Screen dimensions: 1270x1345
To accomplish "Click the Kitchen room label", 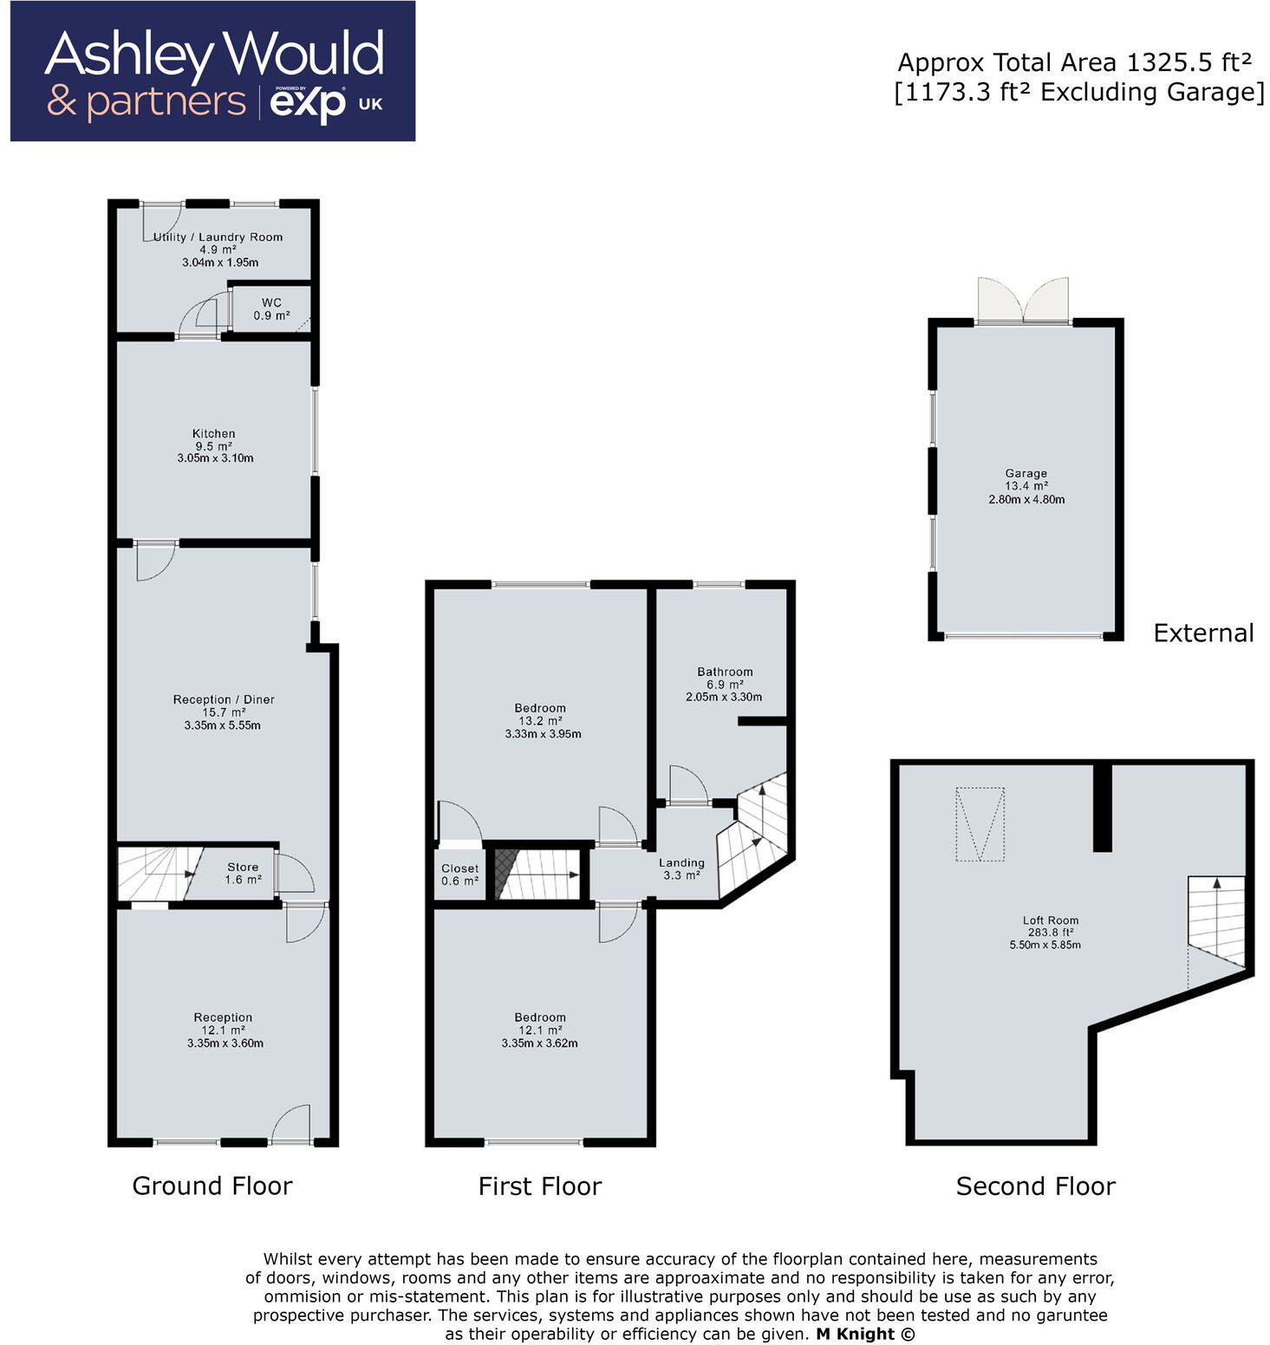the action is click(214, 433).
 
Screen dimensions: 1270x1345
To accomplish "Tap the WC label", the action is click(271, 302).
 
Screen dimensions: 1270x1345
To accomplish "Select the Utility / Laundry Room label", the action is click(218, 237).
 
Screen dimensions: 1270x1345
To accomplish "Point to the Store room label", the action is click(243, 867).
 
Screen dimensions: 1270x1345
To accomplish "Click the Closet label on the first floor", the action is click(459, 868).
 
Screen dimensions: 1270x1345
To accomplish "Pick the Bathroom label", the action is click(725, 672).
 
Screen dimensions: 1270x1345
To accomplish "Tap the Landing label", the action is click(681, 863).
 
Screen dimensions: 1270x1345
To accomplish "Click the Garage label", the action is click(1026, 473).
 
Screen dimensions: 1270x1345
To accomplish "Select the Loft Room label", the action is click(1051, 920).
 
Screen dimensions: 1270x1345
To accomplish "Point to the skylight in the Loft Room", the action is click(980, 824).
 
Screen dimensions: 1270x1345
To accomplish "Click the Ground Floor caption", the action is click(212, 1186).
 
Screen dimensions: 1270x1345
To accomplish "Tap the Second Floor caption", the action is click(1036, 1186).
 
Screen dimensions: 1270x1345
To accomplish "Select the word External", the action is click(1203, 634).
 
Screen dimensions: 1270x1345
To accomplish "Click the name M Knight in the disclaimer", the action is click(855, 1334).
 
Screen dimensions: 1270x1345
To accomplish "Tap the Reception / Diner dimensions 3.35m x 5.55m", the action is click(223, 725).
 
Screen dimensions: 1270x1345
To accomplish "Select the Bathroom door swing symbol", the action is click(689, 785).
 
